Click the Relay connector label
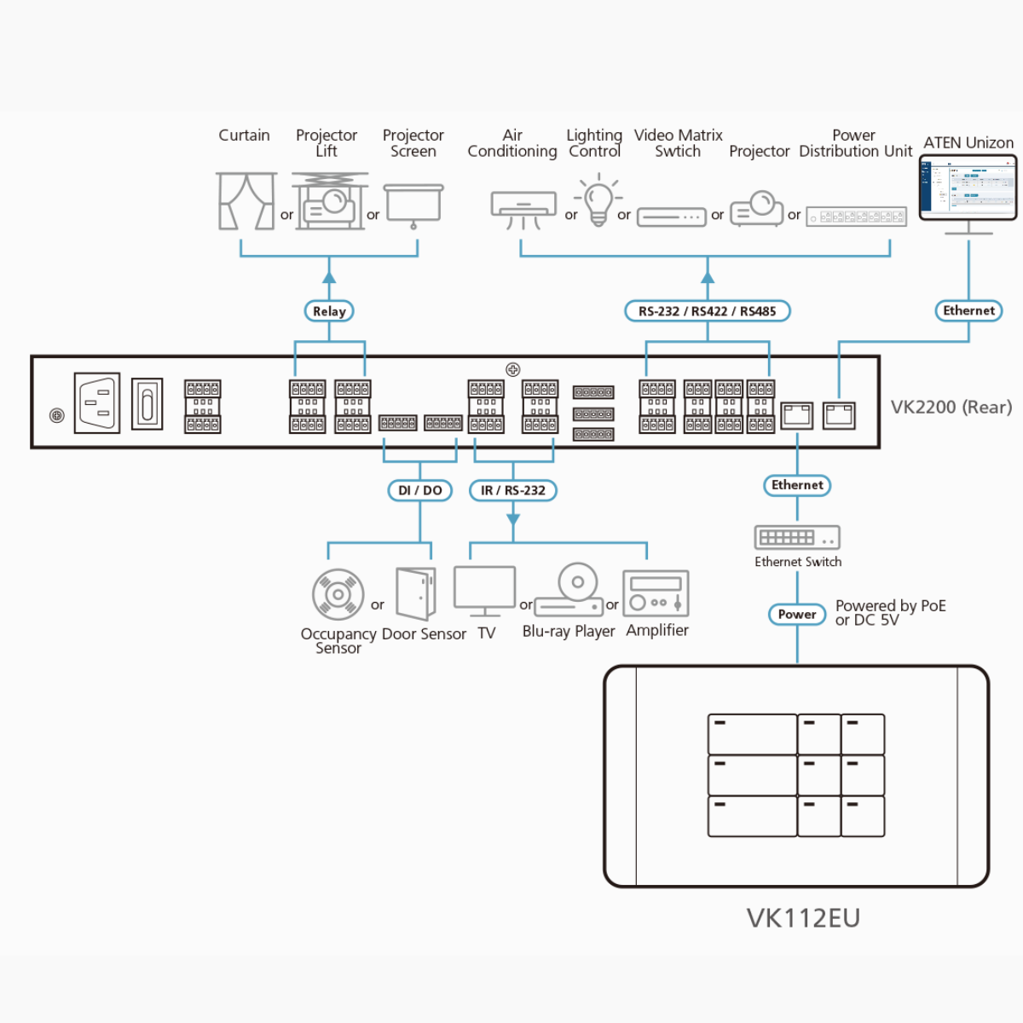tap(329, 311)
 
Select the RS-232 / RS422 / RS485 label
tap(707, 311)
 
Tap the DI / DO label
tap(419, 490)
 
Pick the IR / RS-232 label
tap(512, 490)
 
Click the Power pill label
tap(797, 614)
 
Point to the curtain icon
tap(246, 201)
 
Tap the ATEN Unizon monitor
tap(968, 190)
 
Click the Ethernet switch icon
tap(797, 537)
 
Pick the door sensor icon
tap(416, 593)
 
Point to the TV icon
tap(485, 590)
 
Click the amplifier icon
tap(656, 593)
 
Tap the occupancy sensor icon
tap(338, 593)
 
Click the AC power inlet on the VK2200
tap(97, 402)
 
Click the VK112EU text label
tap(803, 918)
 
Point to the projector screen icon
tap(413, 205)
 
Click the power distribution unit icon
tap(856, 217)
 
